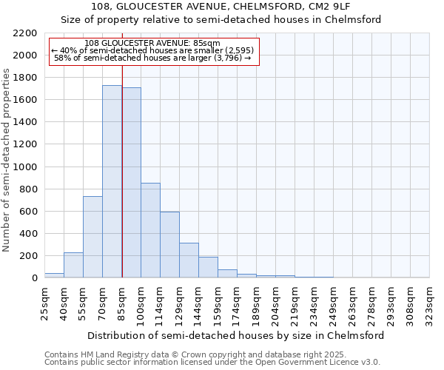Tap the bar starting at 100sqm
pos(150,230)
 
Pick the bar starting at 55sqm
pos(92,237)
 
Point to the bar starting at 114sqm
pos(169,244)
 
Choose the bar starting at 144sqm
pos(208,267)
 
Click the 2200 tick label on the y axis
pos(24,33)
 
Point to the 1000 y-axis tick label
pos(24,167)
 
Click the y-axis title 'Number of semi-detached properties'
pos(7,161)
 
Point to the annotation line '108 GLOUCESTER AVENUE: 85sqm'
pos(152,43)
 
